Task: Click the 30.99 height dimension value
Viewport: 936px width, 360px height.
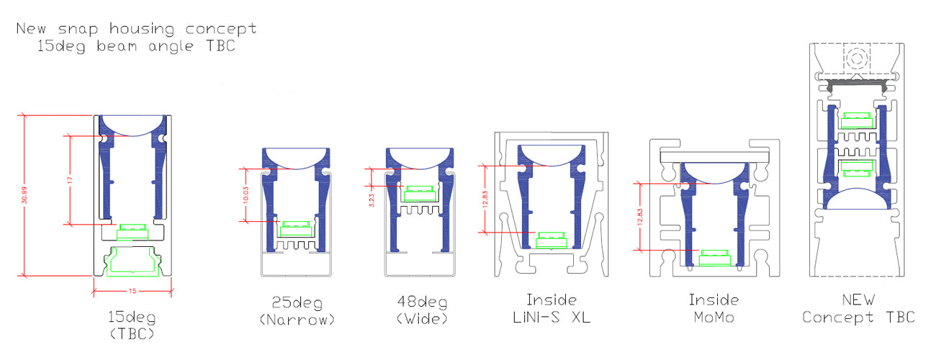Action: click(24, 195)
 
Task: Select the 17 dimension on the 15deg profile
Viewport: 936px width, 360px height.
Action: click(70, 180)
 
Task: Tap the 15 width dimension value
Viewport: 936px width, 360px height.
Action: click(132, 291)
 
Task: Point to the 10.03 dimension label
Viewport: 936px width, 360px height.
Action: click(246, 195)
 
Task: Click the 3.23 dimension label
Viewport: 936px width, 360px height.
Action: click(372, 200)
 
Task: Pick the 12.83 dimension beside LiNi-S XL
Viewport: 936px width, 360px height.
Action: click(485, 199)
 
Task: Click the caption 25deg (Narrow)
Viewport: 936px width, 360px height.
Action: click(297, 311)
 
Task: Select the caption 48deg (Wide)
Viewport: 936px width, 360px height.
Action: click(422, 310)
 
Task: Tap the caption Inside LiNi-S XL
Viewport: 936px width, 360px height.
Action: click(551, 309)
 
